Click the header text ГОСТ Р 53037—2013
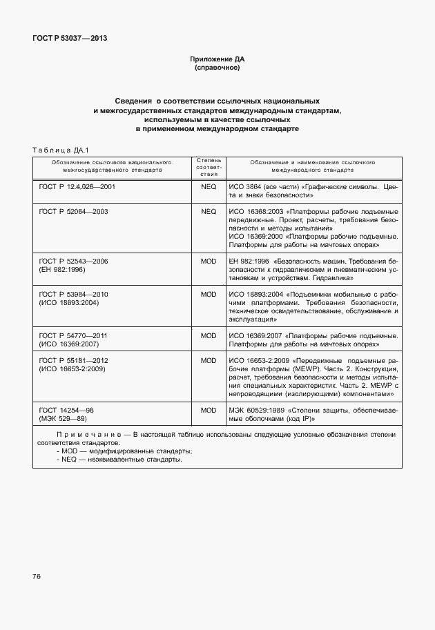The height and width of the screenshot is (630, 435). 70,38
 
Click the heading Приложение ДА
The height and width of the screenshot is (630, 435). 217,59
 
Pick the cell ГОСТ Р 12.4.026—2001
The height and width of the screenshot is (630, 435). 77,187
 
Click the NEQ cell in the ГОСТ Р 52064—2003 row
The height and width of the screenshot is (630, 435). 209,211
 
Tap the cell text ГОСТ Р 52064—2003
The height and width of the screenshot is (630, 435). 74,211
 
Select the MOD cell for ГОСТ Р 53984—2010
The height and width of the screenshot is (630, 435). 209,295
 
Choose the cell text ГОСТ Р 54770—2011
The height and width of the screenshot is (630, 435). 74,336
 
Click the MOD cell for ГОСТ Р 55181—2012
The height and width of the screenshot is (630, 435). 209,361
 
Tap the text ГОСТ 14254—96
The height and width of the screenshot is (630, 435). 66,410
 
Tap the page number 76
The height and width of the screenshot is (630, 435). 37,576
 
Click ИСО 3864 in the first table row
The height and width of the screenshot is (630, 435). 244,187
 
